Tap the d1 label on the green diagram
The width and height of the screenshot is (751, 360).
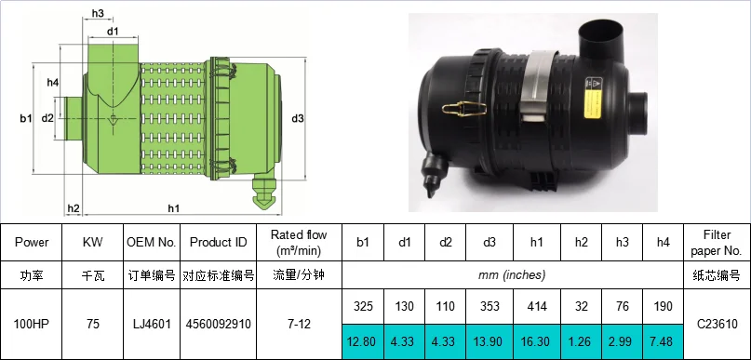pyautogui.click(x=113, y=32)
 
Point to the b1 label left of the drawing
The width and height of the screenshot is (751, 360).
pyautogui.click(x=25, y=118)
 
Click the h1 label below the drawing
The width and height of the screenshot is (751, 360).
pyautogui.click(x=174, y=207)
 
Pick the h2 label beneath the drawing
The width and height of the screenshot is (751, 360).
pyautogui.click(x=74, y=207)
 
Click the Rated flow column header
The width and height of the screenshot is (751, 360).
pyautogui.click(x=299, y=242)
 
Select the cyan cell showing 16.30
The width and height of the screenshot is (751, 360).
pyautogui.click(x=537, y=340)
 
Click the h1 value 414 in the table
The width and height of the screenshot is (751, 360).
pyautogui.click(x=537, y=306)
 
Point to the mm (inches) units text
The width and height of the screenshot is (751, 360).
pyautogui.click(x=513, y=275)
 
